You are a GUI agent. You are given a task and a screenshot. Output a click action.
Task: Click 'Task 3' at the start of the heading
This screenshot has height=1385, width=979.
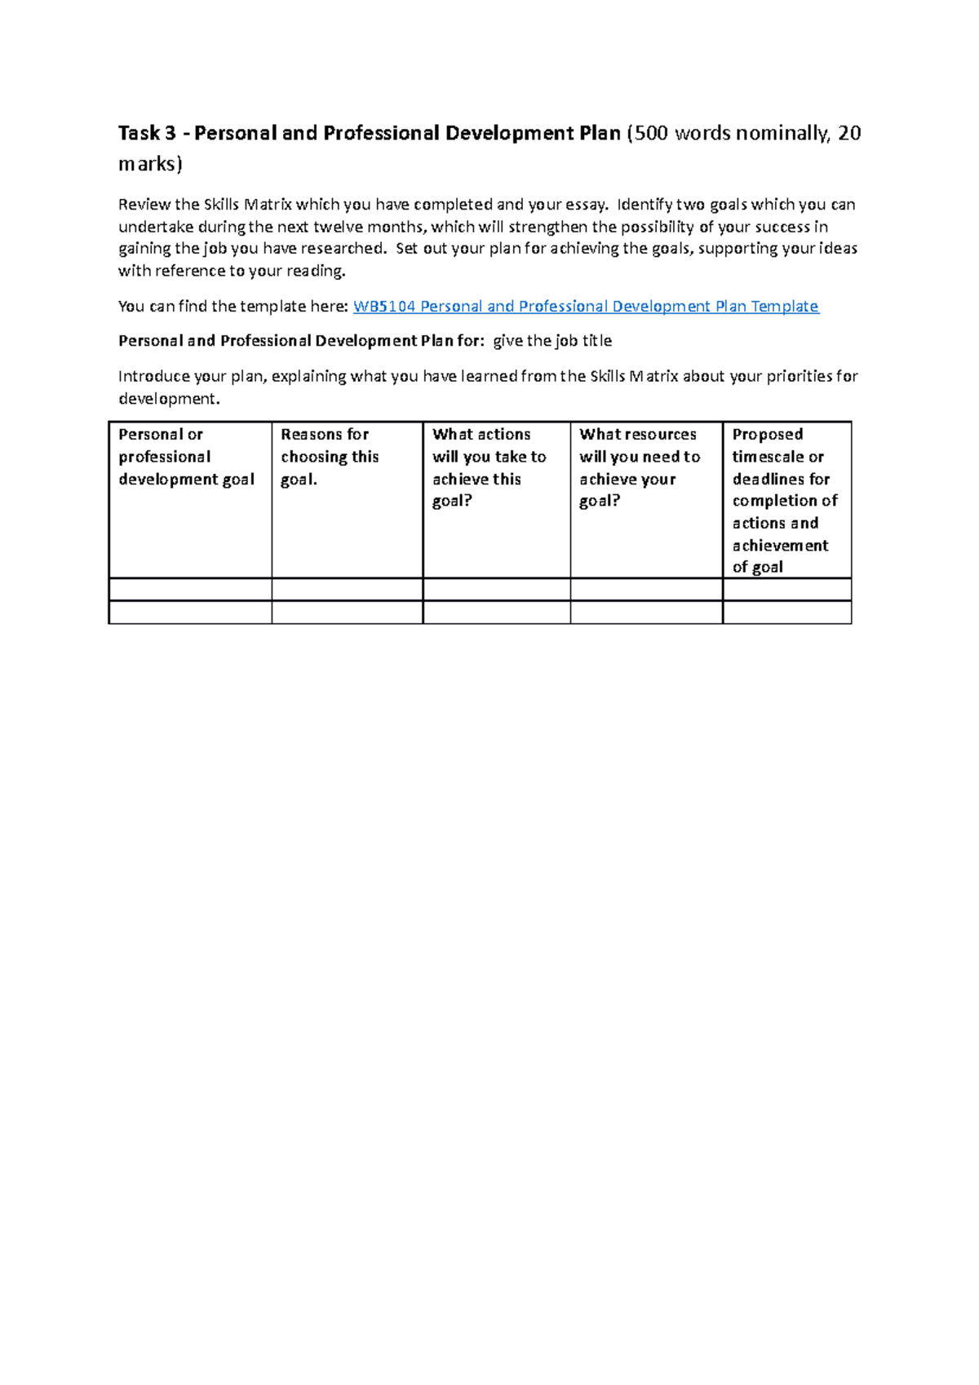[147, 133]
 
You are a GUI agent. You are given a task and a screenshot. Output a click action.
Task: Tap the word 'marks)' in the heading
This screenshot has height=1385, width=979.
[150, 164]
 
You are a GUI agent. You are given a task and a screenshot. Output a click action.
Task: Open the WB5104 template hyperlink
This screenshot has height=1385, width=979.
[585, 306]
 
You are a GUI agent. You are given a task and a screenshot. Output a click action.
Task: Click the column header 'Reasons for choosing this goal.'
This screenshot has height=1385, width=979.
[330, 457]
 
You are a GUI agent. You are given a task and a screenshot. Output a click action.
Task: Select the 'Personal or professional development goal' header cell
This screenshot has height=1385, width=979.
[187, 457]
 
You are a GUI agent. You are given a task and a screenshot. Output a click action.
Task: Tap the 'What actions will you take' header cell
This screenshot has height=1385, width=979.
[489, 467]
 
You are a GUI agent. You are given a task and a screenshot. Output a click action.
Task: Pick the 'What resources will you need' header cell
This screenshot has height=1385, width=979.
[640, 467]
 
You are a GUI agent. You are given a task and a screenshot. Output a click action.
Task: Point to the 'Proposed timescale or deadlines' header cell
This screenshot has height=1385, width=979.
[784, 500]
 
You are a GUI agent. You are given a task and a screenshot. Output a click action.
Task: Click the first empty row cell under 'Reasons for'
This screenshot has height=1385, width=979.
[347, 590]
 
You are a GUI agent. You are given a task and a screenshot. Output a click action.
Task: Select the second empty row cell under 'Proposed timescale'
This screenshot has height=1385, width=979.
[786, 613]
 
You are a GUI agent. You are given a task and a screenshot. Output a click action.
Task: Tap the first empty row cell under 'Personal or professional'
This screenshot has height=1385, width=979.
[190, 590]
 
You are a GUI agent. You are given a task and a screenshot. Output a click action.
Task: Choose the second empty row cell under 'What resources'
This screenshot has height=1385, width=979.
[646, 613]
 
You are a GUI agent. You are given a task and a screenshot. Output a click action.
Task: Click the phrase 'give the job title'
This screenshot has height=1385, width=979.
[552, 341]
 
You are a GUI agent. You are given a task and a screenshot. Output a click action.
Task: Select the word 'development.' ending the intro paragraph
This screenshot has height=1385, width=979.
[169, 399]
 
